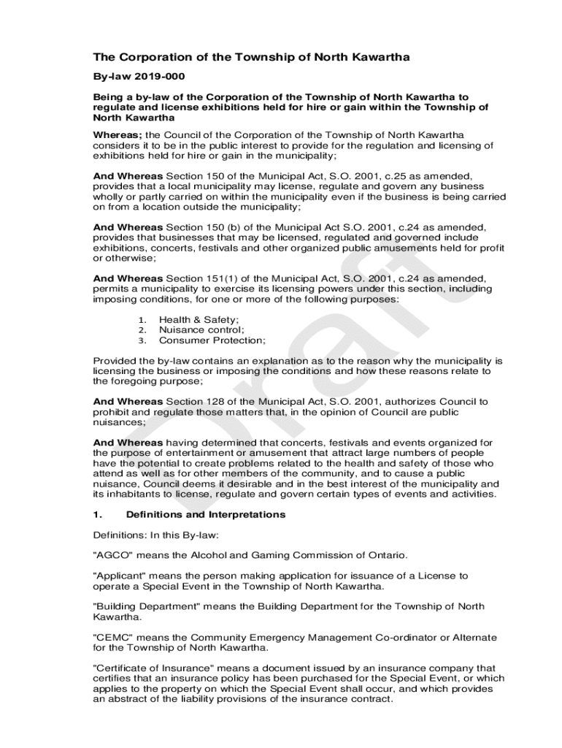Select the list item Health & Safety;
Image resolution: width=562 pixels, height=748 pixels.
coord(199,320)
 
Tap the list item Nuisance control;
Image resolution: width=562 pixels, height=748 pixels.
coord(201,330)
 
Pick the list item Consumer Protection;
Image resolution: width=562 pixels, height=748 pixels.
coord(212,340)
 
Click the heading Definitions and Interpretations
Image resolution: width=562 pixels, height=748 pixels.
coord(205,514)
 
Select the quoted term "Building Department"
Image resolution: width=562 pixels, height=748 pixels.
coord(146,607)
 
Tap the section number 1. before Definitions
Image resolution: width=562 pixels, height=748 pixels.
coord(98,514)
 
